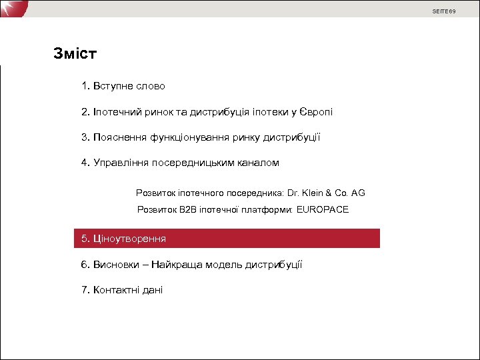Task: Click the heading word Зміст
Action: point(75,54)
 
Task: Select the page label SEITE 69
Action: point(444,11)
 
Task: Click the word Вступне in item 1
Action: point(114,86)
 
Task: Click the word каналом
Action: point(258,163)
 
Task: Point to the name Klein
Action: point(314,193)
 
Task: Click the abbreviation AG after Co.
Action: point(358,193)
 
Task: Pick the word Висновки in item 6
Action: point(115,265)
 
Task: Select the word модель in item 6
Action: point(225,265)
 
